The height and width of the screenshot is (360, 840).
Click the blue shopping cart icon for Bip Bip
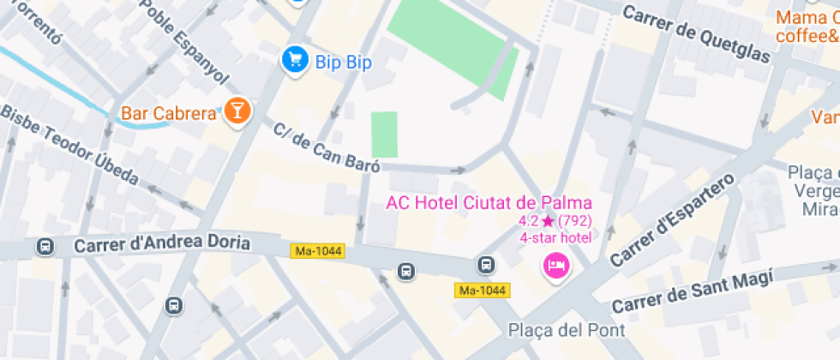tap(296, 59)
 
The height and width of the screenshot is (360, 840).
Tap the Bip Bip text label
tap(343, 62)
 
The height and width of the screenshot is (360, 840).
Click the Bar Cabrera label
tap(168, 113)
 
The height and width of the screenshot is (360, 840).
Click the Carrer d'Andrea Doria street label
tap(162, 244)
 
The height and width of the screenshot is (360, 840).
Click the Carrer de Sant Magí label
tap(693, 291)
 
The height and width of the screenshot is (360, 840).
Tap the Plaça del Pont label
tap(567, 330)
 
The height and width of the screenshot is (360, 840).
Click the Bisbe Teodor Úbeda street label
tap(70, 146)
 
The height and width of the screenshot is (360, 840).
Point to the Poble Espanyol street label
tap(184, 40)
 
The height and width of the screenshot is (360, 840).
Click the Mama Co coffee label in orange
tap(807, 27)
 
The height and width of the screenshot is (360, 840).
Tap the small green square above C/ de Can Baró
tap(384, 135)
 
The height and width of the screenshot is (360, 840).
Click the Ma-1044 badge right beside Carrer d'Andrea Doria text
tap(317, 251)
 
